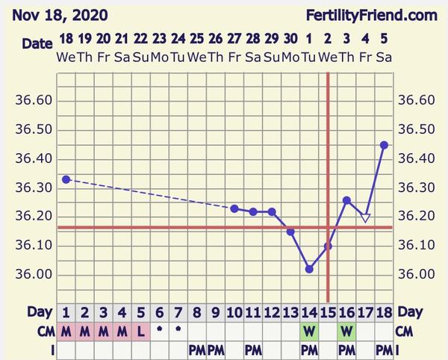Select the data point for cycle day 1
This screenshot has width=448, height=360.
click(66, 179)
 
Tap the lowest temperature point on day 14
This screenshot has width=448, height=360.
click(309, 269)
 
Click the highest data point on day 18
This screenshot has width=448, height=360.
click(384, 145)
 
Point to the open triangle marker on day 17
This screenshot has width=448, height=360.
click(365, 218)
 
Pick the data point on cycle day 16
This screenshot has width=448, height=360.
click(346, 200)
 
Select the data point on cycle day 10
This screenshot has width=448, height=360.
click(234, 208)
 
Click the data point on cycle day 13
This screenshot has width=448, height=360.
click(290, 232)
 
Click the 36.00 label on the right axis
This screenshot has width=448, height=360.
click(415, 274)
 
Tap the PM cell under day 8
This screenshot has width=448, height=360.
click(197, 349)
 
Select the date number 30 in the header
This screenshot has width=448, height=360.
click(290, 38)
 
